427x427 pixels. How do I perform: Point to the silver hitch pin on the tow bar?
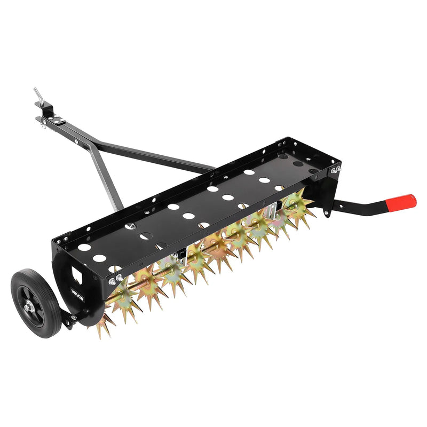pos(38,95)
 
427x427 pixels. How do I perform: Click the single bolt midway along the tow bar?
pos(78,141)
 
